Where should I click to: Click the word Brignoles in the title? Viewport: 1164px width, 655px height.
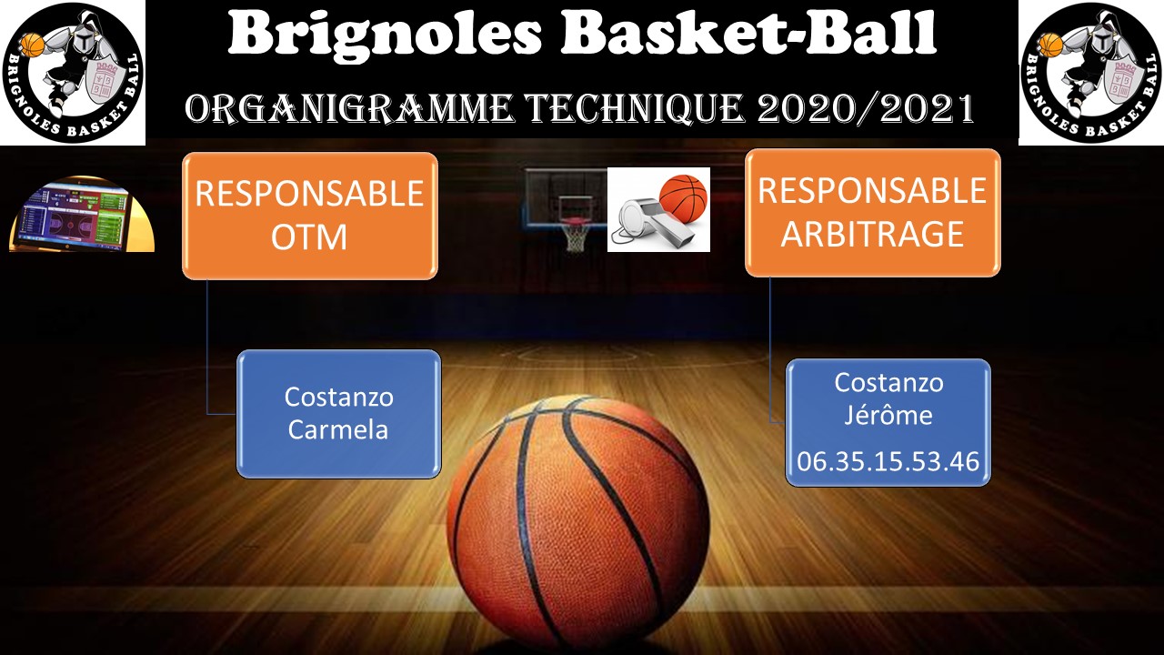pyautogui.click(x=385, y=35)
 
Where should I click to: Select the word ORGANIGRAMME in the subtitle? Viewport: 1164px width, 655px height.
pyautogui.click(x=348, y=108)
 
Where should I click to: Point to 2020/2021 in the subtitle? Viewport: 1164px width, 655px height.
pyautogui.click(x=866, y=108)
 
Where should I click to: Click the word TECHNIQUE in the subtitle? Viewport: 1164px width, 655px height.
pyautogui.click(x=635, y=108)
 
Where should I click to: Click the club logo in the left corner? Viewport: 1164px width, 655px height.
pyautogui.click(x=73, y=73)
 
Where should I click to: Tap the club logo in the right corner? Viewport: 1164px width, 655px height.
pyautogui.click(x=1091, y=73)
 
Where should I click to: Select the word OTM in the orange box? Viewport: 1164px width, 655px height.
pyautogui.click(x=309, y=237)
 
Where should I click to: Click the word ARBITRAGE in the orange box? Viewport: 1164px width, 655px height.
pyautogui.click(x=872, y=234)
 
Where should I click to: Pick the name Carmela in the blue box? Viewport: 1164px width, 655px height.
pyautogui.click(x=338, y=430)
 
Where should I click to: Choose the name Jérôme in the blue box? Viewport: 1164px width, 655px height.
pyautogui.click(x=888, y=414)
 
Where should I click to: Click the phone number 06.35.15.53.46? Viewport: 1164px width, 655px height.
pyautogui.click(x=888, y=461)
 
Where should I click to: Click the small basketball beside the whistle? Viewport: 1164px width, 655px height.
pyautogui.click(x=683, y=195)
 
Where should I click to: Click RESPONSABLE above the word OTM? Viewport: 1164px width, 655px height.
pyautogui.click(x=309, y=194)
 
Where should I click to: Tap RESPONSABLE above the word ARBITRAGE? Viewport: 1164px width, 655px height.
pyautogui.click(x=872, y=190)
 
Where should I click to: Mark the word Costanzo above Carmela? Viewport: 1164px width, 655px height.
pyautogui.click(x=339, y=398)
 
